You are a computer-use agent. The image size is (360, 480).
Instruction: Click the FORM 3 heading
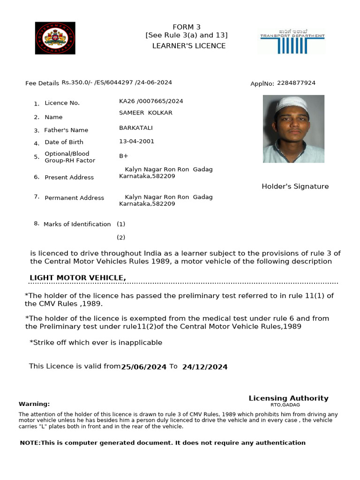[x=187, y=27]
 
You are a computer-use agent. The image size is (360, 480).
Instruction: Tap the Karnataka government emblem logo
[x=55, y=38]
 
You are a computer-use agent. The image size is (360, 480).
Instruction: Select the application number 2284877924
[x=296, y=83]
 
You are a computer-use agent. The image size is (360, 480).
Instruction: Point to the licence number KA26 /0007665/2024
[x=151, y=101]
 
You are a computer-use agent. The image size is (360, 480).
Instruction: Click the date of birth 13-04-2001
[x=136, y=142]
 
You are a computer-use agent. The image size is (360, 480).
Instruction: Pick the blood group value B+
[x=124, y=156]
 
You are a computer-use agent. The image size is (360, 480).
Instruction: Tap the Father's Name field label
[x=66, y=130]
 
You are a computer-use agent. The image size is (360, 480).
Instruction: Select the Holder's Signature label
[x=295, y=187]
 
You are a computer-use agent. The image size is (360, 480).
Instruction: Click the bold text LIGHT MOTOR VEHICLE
[x=78, y=278]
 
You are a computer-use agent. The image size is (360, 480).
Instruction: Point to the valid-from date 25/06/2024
[x=144, y=367]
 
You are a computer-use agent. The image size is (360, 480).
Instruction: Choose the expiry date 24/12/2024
[x=205, y=367]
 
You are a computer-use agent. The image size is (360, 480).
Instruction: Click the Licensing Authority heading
[x=288, y=398]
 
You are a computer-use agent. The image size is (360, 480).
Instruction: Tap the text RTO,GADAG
[x=285, y=405]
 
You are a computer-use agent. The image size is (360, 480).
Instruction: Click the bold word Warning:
[x=34, y=404]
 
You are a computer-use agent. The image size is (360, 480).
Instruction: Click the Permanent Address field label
[x=74, y=198]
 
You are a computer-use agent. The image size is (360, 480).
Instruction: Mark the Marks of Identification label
[x=77, y=224]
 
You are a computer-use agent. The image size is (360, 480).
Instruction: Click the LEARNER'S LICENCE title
[x=189, y=46]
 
